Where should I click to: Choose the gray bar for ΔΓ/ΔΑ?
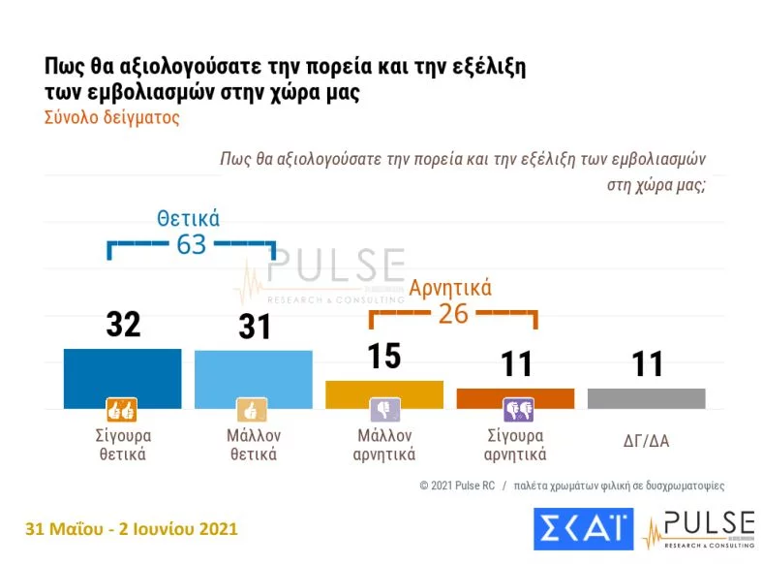pyautogui.click(x=646, y=397)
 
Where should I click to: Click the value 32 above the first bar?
pyautogui.click(x=123, y=325)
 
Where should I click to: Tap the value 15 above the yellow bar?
pyautogui.click(x=384, y=356)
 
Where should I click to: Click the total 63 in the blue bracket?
pyautogui.click(x=191, y=244)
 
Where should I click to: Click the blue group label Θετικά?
pyautogui.click(x=189, y=218)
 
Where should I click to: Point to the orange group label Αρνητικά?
pyautogui.click(x=450, y=288)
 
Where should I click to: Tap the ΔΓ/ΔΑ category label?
pyautogui.click(x=646, y=441)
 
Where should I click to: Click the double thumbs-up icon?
pyautogui.click(x=121, y=410)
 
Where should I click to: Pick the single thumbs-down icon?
pyautogui.click(x=384, y=410)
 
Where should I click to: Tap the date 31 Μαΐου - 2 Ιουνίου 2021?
pyautogui.click(x=132, y=529)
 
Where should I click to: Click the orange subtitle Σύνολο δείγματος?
pyautogui.click(x=112, y=118)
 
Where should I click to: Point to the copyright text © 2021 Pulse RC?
pyautogui.click(x=456, y=485)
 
